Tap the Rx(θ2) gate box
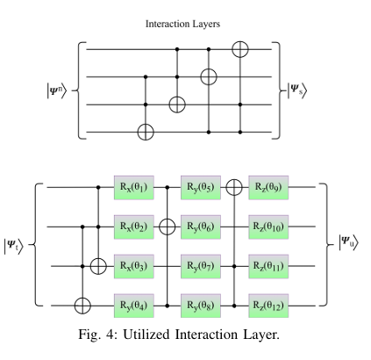135,226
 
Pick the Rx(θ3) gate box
135,265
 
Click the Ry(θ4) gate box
135,305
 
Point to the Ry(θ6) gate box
202,226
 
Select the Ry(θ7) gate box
202,265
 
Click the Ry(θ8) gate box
202,305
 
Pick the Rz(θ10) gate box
269,226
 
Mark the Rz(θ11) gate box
269,265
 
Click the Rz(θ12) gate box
269,305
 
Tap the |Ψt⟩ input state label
18,246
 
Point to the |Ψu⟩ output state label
348,246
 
